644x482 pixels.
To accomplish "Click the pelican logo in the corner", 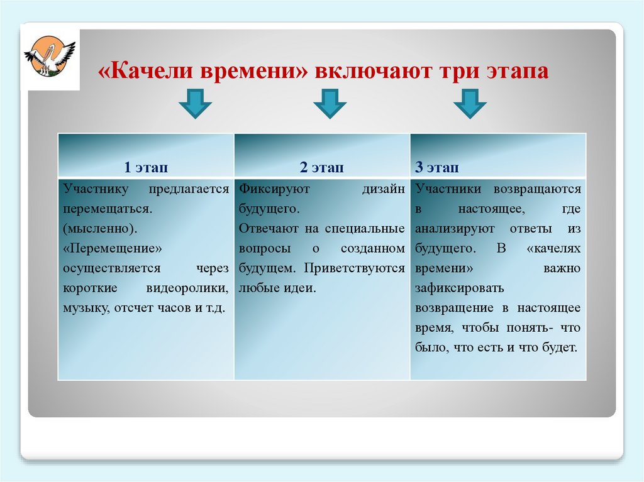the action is [50, 57].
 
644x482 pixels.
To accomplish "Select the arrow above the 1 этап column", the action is [194, 103].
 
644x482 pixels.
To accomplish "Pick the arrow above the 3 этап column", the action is [470, 103].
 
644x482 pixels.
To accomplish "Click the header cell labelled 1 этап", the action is [146, 167].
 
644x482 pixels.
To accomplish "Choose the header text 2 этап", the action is [321, 167].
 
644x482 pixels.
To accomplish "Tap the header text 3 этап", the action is [436, 167].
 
